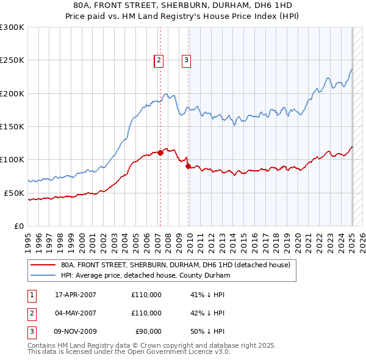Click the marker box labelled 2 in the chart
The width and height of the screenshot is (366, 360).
tap(159, 60)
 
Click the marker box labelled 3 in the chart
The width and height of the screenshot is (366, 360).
tap(185, 60)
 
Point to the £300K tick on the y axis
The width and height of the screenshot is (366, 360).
tap(12, 27)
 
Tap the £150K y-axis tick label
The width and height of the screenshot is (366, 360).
tap(12, 126)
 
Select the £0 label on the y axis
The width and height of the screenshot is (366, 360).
tap(18, 226)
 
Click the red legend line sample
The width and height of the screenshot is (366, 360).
tap(42, 265)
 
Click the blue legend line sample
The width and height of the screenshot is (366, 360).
tap(42, 275)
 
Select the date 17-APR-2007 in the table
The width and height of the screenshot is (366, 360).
tap(76, 295)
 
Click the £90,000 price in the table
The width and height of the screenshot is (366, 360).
tap(146, 331)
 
